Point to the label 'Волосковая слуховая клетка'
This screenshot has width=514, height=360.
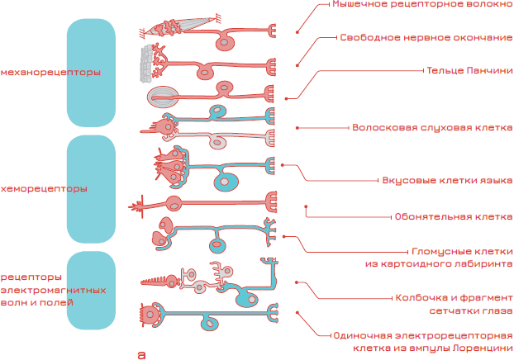point(432,129)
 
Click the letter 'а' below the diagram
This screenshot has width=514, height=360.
point(141,354)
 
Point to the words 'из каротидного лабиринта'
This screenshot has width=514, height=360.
point(438,263)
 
